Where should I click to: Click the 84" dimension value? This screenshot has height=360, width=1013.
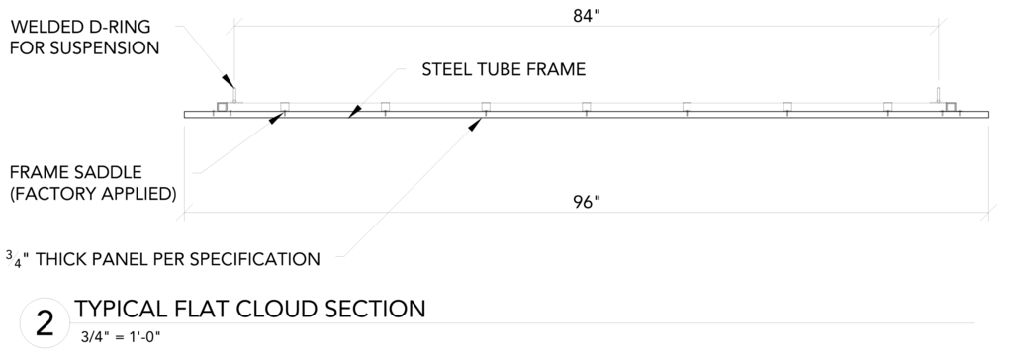pyautogui.click(x=587, y=16)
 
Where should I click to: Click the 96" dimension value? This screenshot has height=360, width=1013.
pyautogui.click(x=587, y=203)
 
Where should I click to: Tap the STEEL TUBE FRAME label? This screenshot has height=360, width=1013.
pyautogui.click(x=504, y=70)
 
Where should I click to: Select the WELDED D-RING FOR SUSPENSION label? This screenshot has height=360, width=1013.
pyautogui.click(x=85, y=38)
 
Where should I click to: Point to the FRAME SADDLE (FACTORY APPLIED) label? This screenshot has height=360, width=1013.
pyautogui.click(x=93, y=183)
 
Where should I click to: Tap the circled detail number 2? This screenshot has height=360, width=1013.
pyautogui.click(x=45, y=323)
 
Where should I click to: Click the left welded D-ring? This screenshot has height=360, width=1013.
pyautogui.click(x=235, y=95)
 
